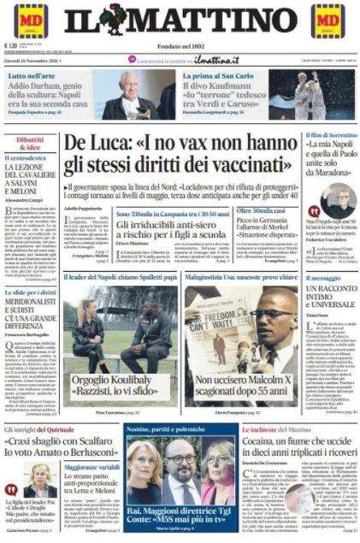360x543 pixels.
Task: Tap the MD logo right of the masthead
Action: [333, 20]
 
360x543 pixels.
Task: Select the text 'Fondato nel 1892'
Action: [180, 45]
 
